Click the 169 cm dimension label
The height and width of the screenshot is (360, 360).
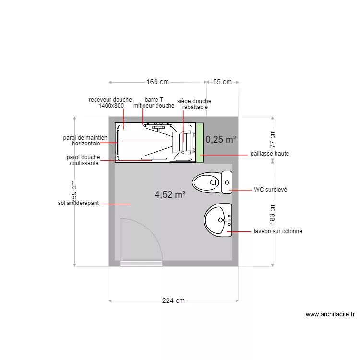coord(158,82)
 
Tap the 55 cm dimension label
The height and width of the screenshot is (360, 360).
coord(222,82)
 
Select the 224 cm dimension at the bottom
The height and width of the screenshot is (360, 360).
coord(173,300)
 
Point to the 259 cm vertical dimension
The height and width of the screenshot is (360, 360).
coord(74,191)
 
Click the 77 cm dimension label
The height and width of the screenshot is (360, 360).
coord(272,139)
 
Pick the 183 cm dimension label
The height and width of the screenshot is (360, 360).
coord(272,214)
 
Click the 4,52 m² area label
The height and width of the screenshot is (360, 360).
coord(170,195)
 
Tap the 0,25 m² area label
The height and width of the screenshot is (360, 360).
coord(221,139)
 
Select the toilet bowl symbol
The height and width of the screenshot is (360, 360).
coord(212,182)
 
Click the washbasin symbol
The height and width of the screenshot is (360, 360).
coord(218,220)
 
